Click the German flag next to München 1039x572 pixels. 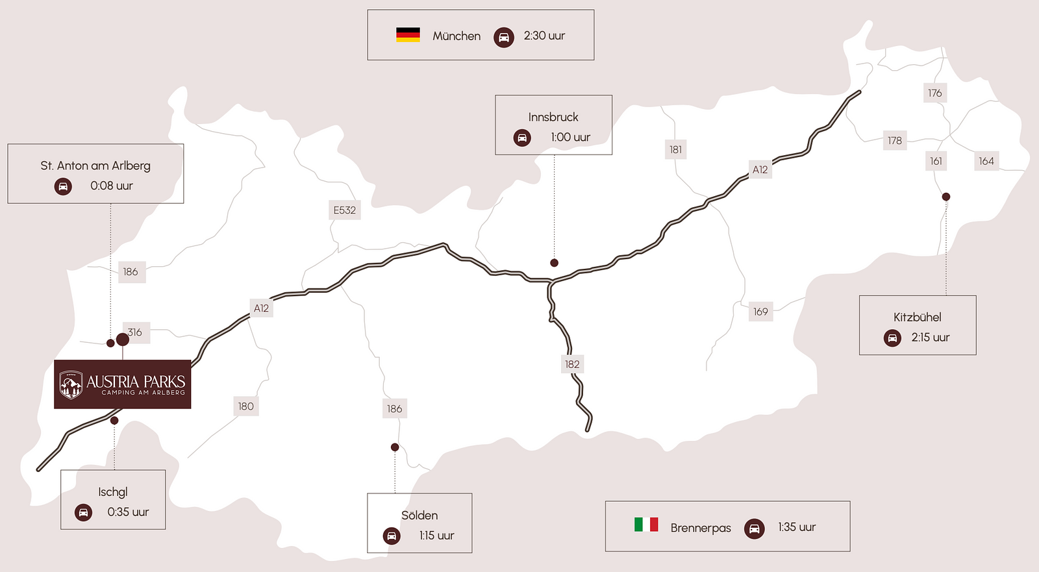(408, 35)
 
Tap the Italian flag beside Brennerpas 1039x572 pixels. (646, 524)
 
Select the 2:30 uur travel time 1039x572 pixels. (544, 36)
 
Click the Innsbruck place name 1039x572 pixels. (553, 117)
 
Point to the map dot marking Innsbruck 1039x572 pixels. (554, 263)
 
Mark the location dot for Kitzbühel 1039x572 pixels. (946, 197)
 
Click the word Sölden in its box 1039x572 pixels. (419, 516)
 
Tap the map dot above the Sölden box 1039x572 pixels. (395, 447)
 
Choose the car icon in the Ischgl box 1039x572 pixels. (83, 512)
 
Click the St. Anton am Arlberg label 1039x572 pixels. (95, 166)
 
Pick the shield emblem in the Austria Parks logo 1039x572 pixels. (71, 384)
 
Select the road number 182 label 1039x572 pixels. (572, 364)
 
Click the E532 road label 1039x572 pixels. (344, 210)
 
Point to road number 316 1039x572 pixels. (135, 332)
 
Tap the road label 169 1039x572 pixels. (760, 312)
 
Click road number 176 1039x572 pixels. (934, 93)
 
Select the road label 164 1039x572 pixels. (986, 161)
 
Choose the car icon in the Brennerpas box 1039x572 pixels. (754, 528)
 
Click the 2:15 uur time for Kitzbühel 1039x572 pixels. (930, 338)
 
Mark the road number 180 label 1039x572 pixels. (245, 406)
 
